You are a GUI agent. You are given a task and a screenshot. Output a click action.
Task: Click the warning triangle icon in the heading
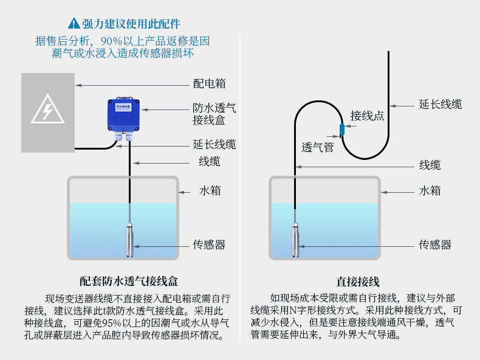click(x=74, y=24)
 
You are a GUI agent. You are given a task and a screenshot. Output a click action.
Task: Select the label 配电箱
click(x=209, y=84)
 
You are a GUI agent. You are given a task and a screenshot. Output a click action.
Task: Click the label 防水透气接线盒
click(x=214, y=114)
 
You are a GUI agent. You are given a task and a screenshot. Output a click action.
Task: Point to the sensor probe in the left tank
click(x=129, y=240)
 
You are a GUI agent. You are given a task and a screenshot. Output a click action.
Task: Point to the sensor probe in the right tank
click(x=295, y=241)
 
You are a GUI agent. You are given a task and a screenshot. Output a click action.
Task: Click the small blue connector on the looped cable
click(x=342, y=129)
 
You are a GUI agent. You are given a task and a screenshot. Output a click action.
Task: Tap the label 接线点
click(x=367, y=116)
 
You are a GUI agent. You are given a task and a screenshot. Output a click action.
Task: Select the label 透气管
click(x=318, y=147)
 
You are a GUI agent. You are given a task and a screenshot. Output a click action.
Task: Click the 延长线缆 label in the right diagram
click(x=441, y=104)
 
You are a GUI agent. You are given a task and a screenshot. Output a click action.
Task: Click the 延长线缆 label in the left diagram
click(x=214, y=145)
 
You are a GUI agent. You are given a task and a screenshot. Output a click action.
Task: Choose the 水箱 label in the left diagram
click(x=210, y=190)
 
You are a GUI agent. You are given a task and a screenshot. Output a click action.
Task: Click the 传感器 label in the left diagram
click(x=209, y=244)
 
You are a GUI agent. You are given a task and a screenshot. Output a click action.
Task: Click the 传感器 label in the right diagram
click(x=435, y=244)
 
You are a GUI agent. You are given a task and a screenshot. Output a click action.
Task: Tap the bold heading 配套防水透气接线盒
click(x=129, y=282)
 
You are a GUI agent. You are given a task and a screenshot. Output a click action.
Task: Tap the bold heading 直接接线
click(x=358, y=282)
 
